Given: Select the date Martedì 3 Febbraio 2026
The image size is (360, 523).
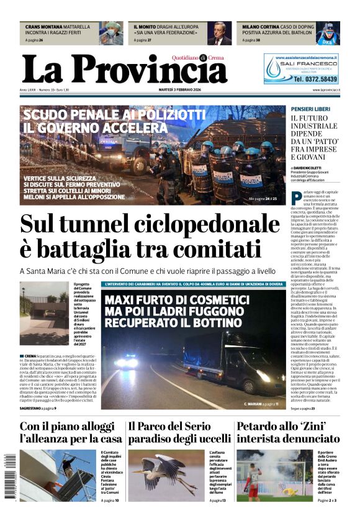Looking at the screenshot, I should coord(180,90).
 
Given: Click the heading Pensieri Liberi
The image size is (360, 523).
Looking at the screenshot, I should coord(310,109).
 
